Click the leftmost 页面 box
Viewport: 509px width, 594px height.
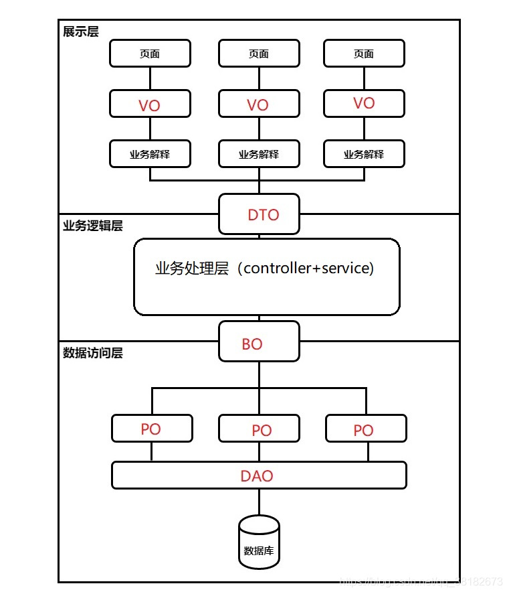click(x=150, y=54)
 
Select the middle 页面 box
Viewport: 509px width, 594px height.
click(x=259, y=54)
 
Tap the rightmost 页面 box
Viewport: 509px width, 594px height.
click(x=364, y=54)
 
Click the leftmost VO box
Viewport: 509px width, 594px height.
click(x=150, y=104)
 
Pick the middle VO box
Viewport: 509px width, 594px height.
click(x=259, y=104)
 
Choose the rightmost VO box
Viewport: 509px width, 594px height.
click(x=364, y=103)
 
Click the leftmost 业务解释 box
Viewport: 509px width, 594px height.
click(x=150, y=154)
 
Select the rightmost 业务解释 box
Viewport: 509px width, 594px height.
click(x=364, y=154)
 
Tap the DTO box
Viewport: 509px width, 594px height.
click(x=259, y=214)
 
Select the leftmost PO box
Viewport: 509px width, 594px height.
click(x=152, y=429)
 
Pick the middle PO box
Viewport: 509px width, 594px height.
click(x=259, y=429)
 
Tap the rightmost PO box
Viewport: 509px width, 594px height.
click(x=366, y=429)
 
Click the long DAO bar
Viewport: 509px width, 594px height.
click(x=259, y=475)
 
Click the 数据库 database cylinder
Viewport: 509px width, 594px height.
click(x=259, y=542)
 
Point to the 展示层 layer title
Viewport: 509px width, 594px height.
click(x=81, y=31)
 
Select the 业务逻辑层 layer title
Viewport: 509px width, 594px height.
click(x=92, y=226)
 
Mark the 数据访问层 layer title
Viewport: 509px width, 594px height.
click(x=92, y=353)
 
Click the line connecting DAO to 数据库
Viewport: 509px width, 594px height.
click(x=259, y=502)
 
